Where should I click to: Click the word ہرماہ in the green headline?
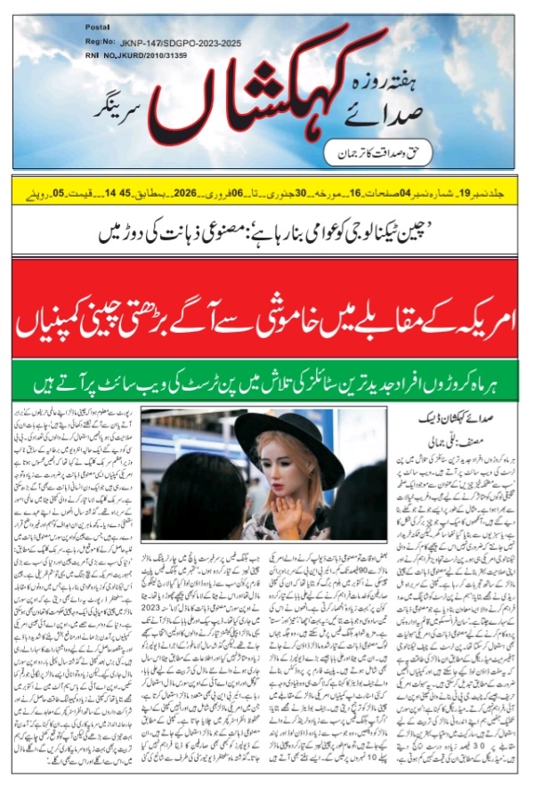485,385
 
